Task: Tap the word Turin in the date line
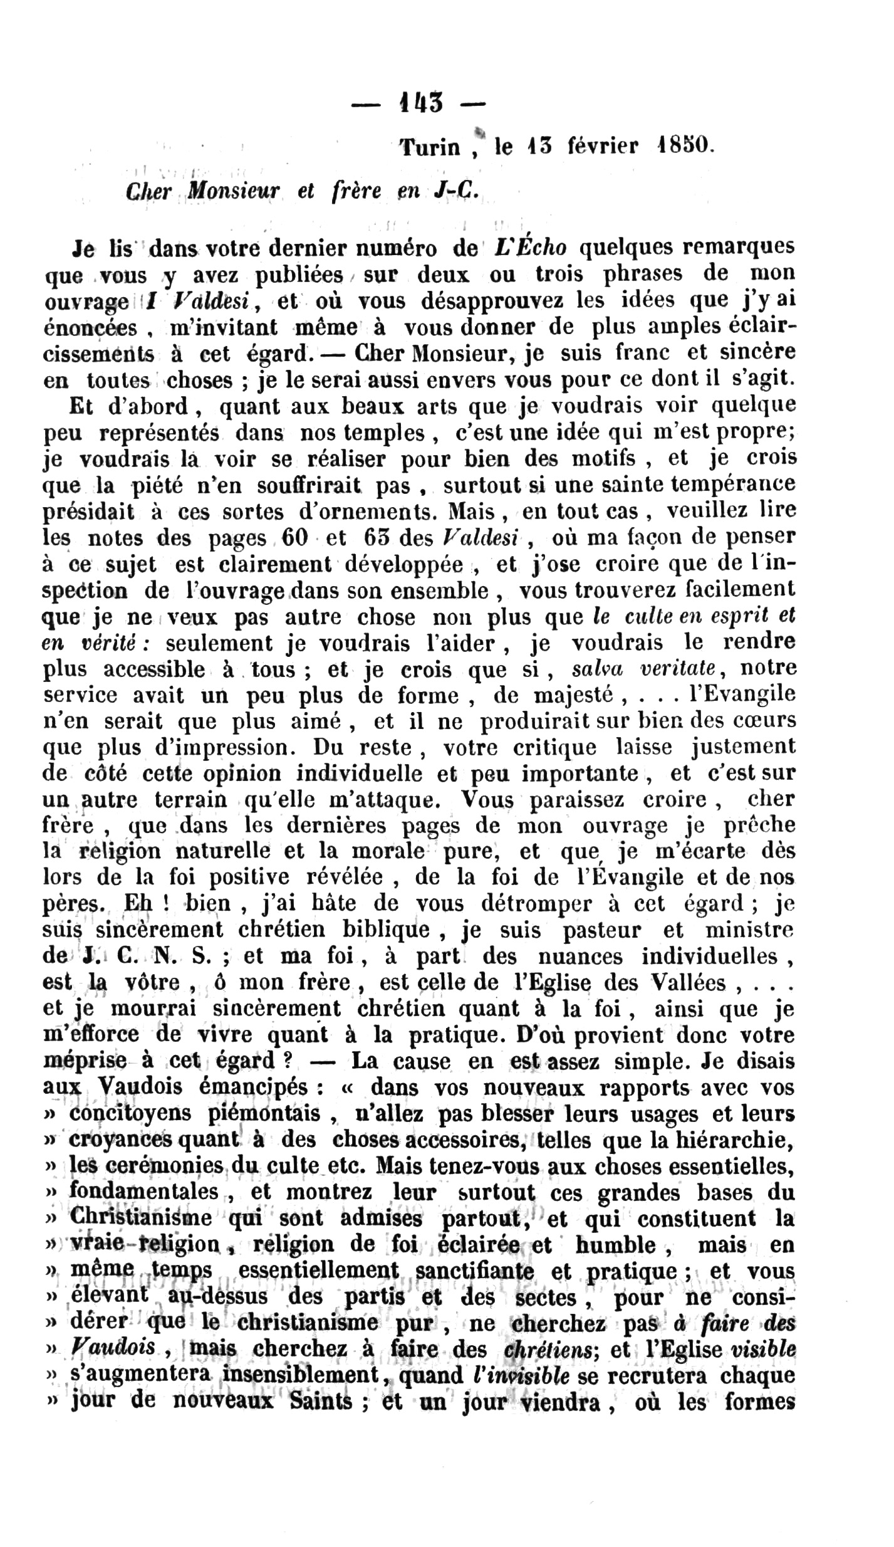click(x=430, y=147)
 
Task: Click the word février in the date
click(x=603, y=145)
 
